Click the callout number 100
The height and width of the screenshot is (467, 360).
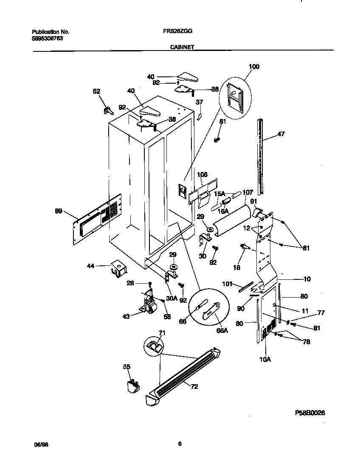click(254, 67)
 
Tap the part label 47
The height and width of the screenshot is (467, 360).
click(281, 134)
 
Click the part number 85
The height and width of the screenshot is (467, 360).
click(127, 367)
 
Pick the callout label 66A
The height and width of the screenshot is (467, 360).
click(222, 331)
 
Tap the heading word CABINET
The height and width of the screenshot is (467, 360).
click(182, 48)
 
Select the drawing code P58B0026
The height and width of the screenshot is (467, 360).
click(310, 413)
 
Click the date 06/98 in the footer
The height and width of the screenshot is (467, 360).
click(40, 444)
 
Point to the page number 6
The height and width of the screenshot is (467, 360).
click(180, 444)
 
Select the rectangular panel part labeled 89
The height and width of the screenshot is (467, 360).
click(98, 219)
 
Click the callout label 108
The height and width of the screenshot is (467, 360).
click(202, 175)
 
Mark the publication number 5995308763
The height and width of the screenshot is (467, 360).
click(48, 38)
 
